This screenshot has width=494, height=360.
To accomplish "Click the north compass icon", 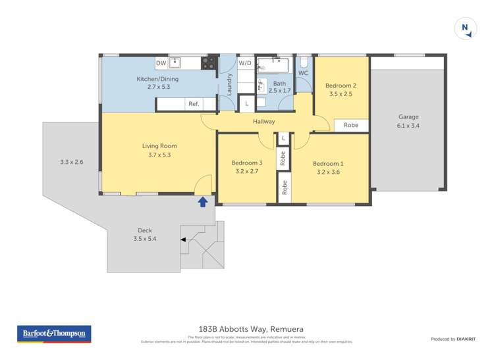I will (x=465, y=28).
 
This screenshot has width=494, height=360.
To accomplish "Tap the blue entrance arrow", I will (x=203, y=202).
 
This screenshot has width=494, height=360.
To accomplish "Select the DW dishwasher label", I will (x=161, y=63).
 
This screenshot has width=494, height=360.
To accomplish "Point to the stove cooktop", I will (x=208, y=63).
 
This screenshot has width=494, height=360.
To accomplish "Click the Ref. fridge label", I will (x=194, y=104).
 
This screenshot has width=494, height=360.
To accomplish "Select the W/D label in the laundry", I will (x=245, y=63).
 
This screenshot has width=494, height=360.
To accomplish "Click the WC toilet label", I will (x=303, y=73).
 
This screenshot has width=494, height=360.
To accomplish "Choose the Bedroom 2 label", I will (x=342, y=86).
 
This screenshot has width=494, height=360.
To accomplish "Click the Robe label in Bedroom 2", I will (x=350, y=125).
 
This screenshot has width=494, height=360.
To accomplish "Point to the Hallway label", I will (x=263, y=121).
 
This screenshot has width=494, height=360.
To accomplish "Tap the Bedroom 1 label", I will (x=327, y=164).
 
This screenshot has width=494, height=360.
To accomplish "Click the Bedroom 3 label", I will (x=246, y=163).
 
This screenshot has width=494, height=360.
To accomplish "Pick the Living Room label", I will (x=159, y=146).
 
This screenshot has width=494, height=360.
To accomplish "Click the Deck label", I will (x=144, y=230).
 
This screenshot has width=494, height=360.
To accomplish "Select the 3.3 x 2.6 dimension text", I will (x=71, y=162).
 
